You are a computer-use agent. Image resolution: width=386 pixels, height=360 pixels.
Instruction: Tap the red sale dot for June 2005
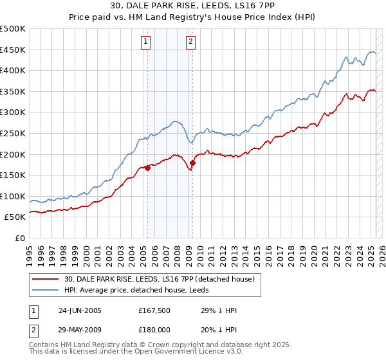(147, 168)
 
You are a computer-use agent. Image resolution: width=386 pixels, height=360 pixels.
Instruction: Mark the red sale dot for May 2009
(192, 163)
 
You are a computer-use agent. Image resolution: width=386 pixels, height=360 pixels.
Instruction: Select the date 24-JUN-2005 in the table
(80, 310)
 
